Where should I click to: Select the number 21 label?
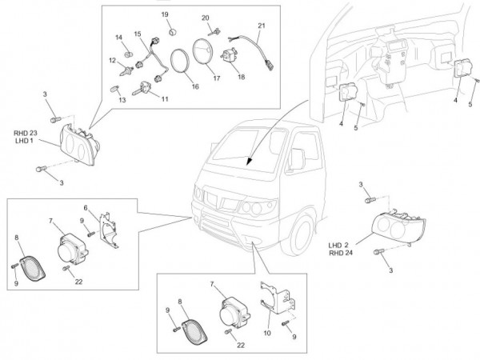point(261,26)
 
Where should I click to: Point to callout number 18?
point(242,78)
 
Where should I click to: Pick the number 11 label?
point(165,99)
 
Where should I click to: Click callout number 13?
point(122,102)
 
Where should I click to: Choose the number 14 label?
point(118,38)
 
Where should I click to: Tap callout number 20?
point(205,18)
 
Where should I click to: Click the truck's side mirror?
point(295,160)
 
